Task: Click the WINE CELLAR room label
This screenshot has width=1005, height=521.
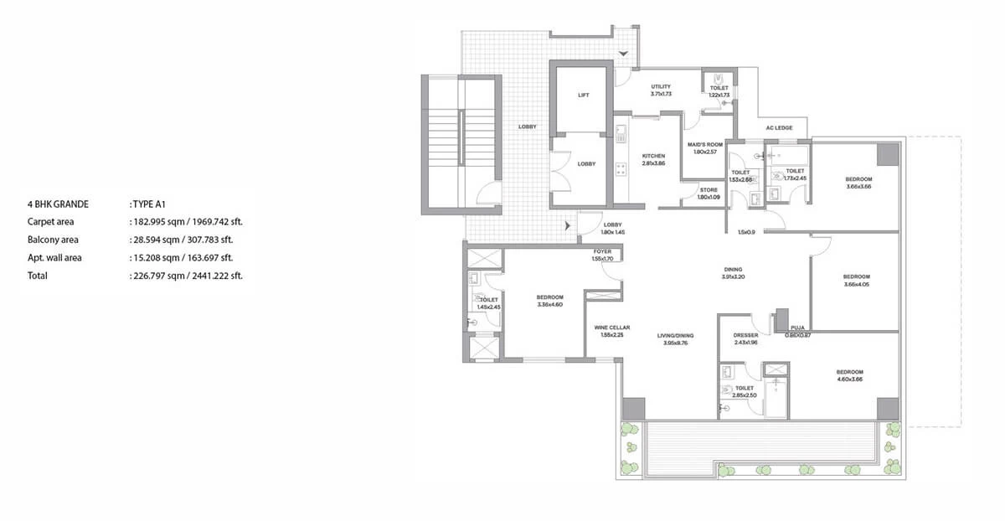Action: coord(612,328)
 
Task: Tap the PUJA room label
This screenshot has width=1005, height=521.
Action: coord(797,328)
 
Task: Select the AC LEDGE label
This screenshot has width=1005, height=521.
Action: coord(779,127)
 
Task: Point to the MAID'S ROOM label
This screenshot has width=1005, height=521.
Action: coord(704,144)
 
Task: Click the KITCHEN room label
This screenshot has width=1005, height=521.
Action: coord(653,156)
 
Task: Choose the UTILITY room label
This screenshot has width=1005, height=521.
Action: coord(661,86)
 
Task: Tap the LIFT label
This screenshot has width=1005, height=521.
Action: coord(584,95)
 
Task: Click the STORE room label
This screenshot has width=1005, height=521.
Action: coord(709,190)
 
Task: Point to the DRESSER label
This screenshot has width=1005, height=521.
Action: coord(745,335)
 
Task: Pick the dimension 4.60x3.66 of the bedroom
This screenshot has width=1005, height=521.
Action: coord(848,379)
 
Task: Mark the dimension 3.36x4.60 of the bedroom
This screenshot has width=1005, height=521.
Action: coord(549,304)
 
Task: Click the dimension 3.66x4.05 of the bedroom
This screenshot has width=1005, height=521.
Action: coord(856,284)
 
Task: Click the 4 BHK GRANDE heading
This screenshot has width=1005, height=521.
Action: coord(58,204)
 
